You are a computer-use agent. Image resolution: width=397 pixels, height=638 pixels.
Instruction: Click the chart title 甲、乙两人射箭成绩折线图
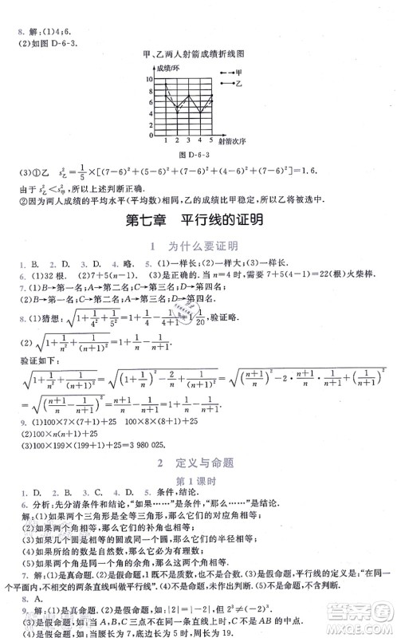(x=198, y=54)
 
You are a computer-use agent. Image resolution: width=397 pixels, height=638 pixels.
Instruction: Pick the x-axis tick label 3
(x=190, y=140)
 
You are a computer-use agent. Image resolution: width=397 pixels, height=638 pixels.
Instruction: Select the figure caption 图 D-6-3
(x=198, y=154)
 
